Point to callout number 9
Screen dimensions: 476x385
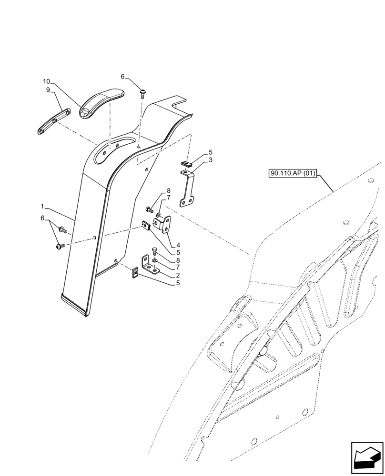pyautogui.click(x=48, y=90)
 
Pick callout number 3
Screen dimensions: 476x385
pyautogui.click(x=210, y=160)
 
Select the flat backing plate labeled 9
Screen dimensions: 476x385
pyautogui.click(x=53, y=121)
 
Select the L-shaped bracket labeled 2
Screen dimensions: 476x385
pyautogui.click(x=151, y=267)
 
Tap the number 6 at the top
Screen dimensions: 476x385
pyautogui.click(x=122, y=77)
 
